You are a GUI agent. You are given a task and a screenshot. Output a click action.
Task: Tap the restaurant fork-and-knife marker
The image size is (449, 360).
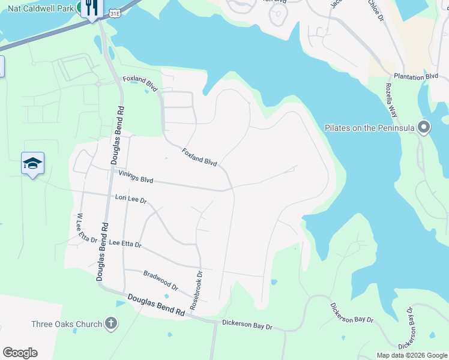pos(91,8)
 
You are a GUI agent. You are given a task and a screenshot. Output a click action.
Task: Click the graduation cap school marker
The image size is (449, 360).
pos(32,163)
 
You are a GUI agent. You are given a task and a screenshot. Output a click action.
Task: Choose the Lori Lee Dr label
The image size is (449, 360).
pos(131,197)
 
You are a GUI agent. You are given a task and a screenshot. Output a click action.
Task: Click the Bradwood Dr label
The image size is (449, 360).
pos(161,280)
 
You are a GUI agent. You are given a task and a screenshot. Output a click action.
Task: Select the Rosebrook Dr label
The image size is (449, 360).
pos(197,290)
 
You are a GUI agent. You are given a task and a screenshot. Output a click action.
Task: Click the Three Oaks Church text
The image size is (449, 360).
pos(67,325)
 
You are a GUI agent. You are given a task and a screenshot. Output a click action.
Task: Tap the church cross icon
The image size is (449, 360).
pos(110,324)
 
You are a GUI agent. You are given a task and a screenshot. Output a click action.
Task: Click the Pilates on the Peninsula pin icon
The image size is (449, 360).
pos(424,127)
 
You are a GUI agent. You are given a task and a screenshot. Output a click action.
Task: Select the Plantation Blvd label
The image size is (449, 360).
pos(416,77)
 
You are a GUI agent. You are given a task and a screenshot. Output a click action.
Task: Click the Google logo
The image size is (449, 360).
pos(20,353)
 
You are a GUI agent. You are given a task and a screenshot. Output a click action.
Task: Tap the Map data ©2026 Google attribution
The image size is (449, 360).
pos(411,355)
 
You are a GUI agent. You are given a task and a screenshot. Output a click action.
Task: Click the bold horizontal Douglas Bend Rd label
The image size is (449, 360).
pos(156,304)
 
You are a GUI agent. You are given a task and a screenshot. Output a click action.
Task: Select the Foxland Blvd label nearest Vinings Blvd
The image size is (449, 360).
pos(199,157)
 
